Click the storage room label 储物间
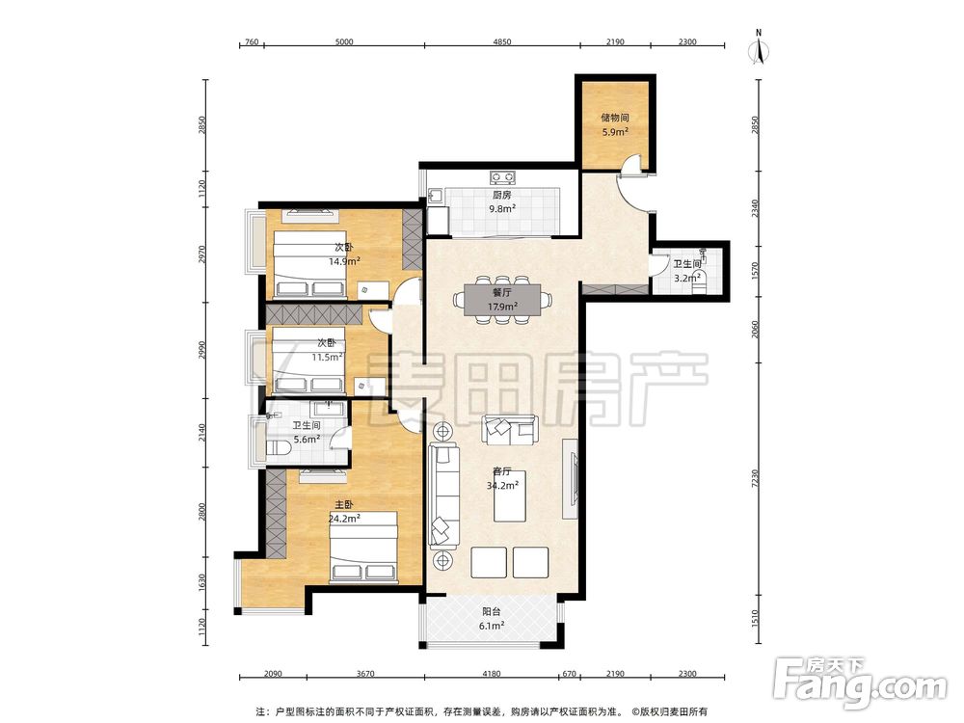point(615,118)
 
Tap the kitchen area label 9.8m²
point(501,208)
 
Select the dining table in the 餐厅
point(502,300)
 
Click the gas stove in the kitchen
point(502,177)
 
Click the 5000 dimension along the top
point(344,41)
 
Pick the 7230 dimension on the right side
point(756,478)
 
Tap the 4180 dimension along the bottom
point(491,673)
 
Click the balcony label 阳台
point(491,612)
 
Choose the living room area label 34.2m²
point(502,485)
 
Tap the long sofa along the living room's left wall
point(444,496)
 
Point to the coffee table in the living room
point(510,496)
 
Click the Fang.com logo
point(860,683)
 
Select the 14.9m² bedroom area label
point(344,261)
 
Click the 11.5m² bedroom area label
point(327,357)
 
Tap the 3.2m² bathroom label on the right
point(687,278)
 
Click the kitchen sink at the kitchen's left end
point(436,197)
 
